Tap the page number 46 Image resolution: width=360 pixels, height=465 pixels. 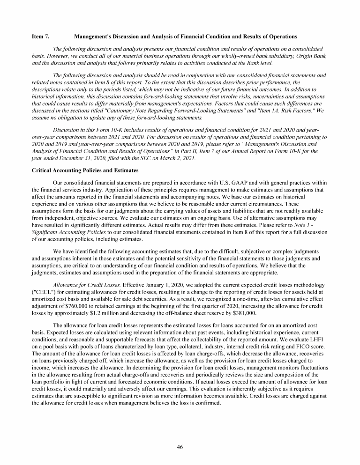(x=180, y=447)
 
